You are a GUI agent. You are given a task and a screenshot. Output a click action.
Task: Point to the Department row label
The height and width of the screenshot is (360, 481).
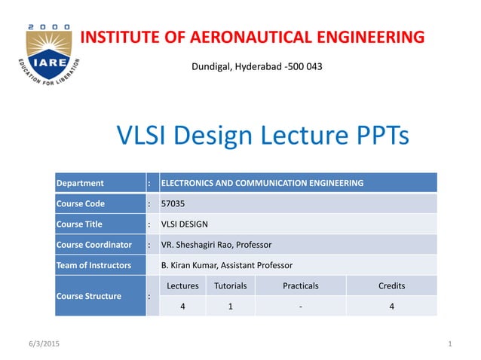80,183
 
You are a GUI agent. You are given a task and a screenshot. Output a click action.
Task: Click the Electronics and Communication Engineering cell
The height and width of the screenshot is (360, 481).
262,183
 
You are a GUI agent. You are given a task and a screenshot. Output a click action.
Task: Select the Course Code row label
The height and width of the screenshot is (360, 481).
81,203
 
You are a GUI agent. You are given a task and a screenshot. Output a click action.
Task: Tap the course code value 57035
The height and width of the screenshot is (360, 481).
173,203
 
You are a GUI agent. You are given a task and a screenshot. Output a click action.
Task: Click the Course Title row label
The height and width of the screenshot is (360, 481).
79,224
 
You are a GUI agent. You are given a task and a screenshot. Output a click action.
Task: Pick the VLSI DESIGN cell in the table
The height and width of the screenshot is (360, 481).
185,224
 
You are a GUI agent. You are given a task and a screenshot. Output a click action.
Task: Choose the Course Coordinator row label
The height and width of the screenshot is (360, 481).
94,245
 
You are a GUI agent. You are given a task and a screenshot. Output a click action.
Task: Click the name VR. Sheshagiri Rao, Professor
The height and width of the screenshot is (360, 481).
216,245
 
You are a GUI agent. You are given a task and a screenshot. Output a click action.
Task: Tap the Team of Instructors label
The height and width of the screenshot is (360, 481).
93,265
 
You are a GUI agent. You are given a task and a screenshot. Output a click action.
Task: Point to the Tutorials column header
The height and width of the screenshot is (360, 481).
230,286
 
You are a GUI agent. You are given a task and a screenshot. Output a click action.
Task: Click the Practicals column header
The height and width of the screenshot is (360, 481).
300,286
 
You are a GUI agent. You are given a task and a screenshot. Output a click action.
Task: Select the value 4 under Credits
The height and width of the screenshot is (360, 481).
391,307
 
